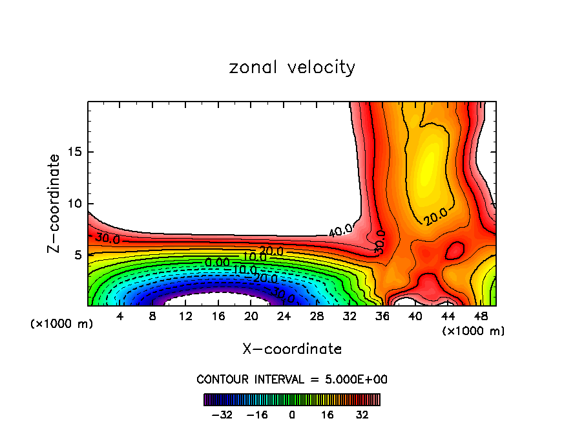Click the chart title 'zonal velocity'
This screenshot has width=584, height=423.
pyautogui.click(x=292, y=67)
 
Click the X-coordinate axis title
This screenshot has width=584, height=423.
pyautogui.click(x=292, y=349)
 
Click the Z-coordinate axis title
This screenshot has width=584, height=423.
pyautogui.click(x=54, y=203)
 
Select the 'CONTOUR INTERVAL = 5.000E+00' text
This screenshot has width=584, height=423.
pyautogui.click(x=292, y=379)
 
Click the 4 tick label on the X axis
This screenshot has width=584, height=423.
pyautogui.click(x=120, y=316)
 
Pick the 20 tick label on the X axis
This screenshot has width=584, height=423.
pyautogui.click(x=251, y=316)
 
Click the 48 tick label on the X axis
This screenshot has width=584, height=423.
pyautogui.click(x=481, y=316)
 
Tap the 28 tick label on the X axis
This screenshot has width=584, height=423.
pyautogui.click(x=317, y=316)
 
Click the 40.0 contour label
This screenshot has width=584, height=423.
pyautogui.click(x=340, y=230)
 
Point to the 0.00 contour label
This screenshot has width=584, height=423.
pyautogui.click(x=217, y=262)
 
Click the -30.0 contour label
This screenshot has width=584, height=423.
pyautogui.click(x=282, y=297)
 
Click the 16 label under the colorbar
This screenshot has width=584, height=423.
pyautogui.click(x=328, y=415)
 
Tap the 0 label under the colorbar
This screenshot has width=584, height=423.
pyautogui.click(x=292, y=415)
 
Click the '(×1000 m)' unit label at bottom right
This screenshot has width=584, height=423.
pyautogui.click(x=474, y=331)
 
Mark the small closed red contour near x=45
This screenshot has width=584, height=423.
pyautogui.click(x=455, y=249)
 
